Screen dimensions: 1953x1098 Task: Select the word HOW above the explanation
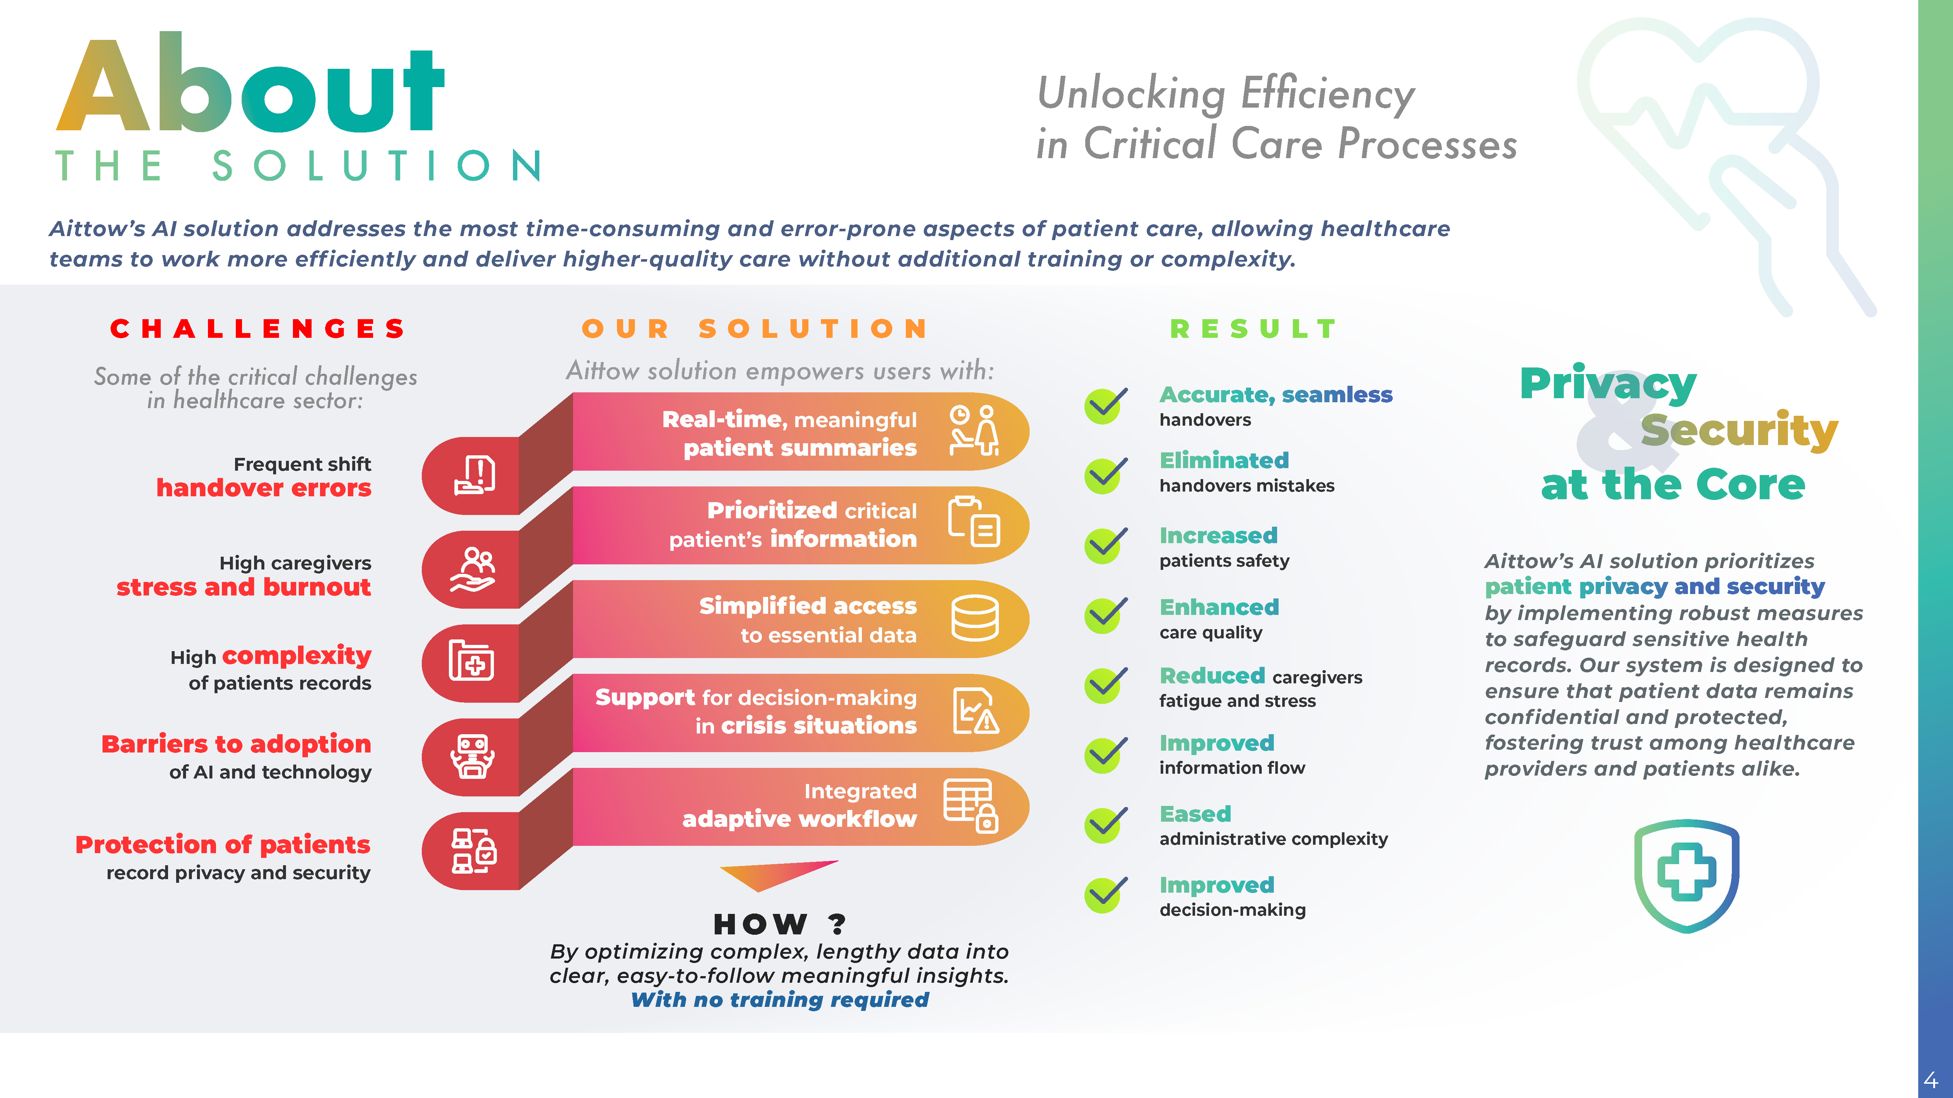(760, 924)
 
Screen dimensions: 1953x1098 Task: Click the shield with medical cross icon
(1686, 875)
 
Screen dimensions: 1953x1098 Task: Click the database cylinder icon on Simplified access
(975, 617)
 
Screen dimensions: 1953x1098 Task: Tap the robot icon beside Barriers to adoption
(472, 756)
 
